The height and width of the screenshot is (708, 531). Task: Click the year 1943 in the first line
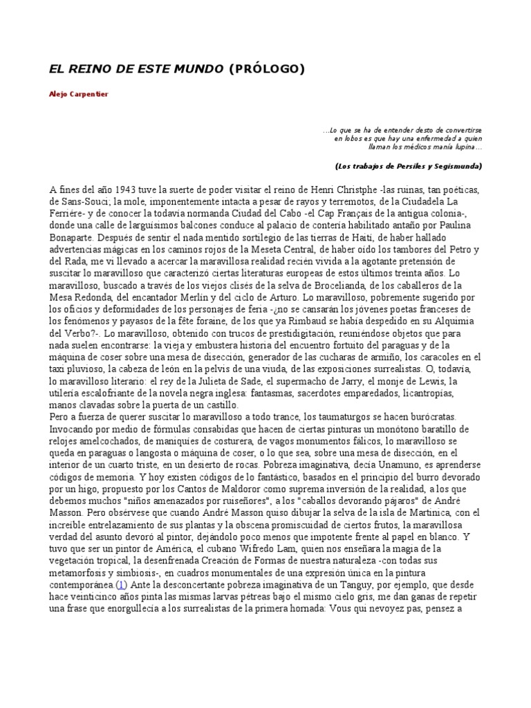pos(128,189)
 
